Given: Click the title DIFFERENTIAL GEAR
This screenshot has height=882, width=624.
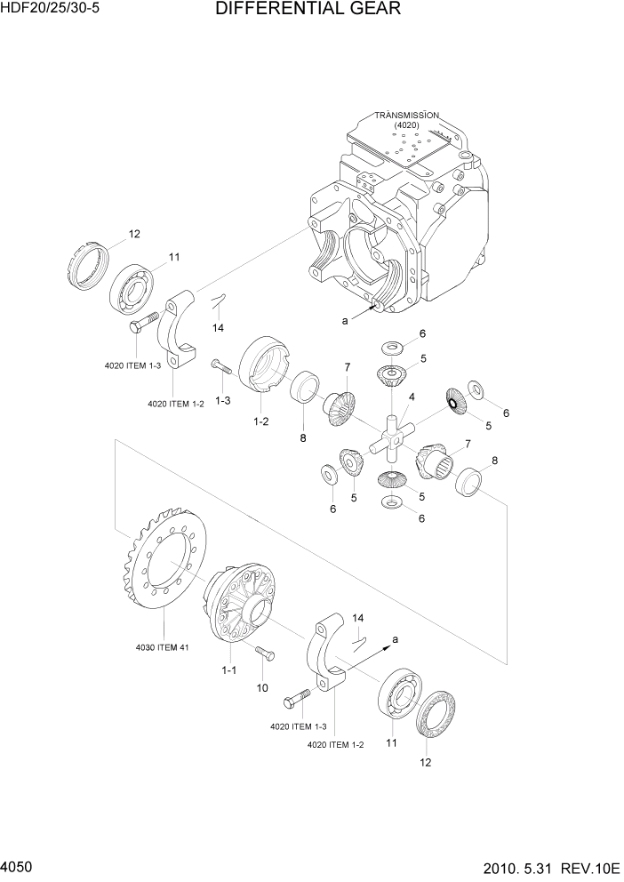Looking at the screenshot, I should [x=308, y=10].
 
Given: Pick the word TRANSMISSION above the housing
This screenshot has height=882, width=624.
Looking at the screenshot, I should [x=406, y=115].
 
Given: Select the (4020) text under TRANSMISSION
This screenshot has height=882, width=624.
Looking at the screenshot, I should [x=406, y=126].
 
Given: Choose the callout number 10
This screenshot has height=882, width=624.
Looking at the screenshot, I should [x=262, y=687].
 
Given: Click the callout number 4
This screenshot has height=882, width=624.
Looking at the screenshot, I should [x=412, y=397].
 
